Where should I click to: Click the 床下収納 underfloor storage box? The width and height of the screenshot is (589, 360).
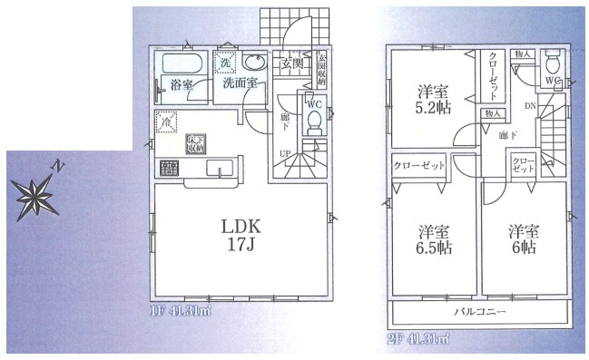[x=195, y=142]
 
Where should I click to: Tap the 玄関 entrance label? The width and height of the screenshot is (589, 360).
[x=292, y=64]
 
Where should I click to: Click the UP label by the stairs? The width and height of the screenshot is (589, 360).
[x=283, y=153]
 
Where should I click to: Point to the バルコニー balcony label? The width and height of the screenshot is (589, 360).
[x=479, y=312]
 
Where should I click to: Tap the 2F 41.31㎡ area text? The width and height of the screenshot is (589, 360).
[x=417, y=338]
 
